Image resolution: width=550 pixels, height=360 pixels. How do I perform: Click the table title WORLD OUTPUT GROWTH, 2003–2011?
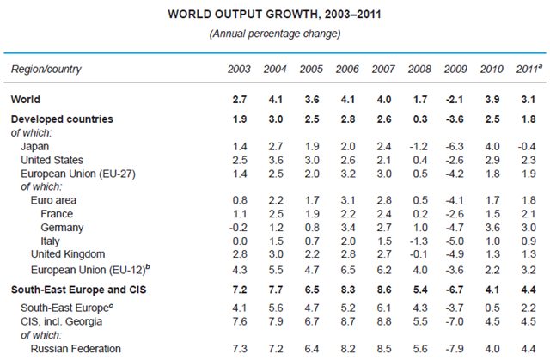point(275,15)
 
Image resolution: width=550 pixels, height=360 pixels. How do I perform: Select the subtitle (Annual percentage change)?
point(275,34)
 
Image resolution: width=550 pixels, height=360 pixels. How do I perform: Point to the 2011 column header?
point(528,68)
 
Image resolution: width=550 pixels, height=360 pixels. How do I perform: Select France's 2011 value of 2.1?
point(528,213)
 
